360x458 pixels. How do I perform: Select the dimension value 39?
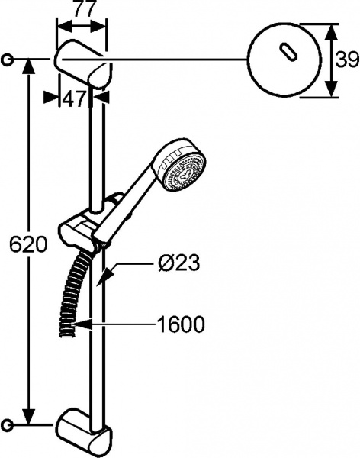[347, 60]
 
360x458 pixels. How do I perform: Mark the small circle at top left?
[8, 59]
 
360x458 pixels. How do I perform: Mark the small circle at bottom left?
[8, 424]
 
